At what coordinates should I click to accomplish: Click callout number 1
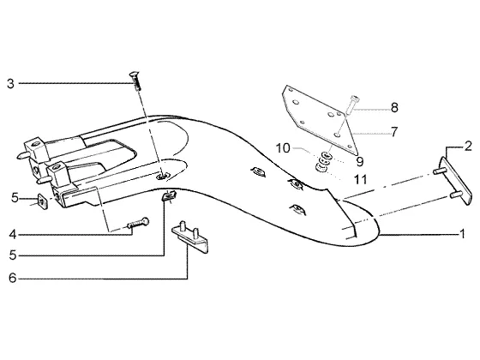[463, 234]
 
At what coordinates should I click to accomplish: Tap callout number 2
[468, 147]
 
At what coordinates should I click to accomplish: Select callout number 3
[10, 84]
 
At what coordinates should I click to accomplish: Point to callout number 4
[13, 235]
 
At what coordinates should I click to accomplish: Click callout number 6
[12, 279]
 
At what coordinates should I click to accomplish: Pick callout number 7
[394, 132]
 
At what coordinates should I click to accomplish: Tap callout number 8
[394, 108]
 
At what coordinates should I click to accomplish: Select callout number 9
[360, 161]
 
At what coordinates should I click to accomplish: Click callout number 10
[283, 148]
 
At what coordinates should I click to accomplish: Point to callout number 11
[360, 180]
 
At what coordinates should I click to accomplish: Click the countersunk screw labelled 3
[136, 81]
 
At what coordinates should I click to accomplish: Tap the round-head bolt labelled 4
[138, 223]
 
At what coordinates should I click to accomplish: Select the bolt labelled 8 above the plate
[353, 105]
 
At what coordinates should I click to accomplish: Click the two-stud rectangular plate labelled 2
[453, 181]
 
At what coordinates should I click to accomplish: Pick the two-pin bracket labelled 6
[190, 237]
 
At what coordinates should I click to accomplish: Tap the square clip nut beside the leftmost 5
[43, 201]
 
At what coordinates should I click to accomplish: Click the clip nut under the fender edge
[168, 195]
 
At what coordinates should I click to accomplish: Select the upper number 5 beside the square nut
[15, 198]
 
